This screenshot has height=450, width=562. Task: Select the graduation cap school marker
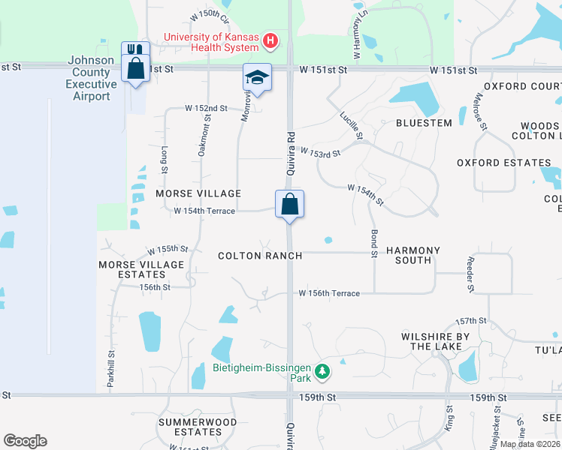pos(257,78)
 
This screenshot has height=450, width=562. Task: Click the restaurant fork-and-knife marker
pos(135,51)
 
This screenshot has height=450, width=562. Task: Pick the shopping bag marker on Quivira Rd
pos(290,203)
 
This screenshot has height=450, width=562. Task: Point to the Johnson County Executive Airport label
pos(91,78)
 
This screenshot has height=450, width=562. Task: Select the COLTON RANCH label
pos(260,256)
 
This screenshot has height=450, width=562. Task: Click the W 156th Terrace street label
pos(329,293)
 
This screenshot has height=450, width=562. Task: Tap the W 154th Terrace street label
pos(204,211)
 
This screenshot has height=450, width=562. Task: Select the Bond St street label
pos(373,244)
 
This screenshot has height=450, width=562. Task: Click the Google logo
pos(25,441)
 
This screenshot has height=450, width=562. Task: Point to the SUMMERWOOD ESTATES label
pos(189,427)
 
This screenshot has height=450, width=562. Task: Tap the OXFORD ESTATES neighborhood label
pos(503,163)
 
